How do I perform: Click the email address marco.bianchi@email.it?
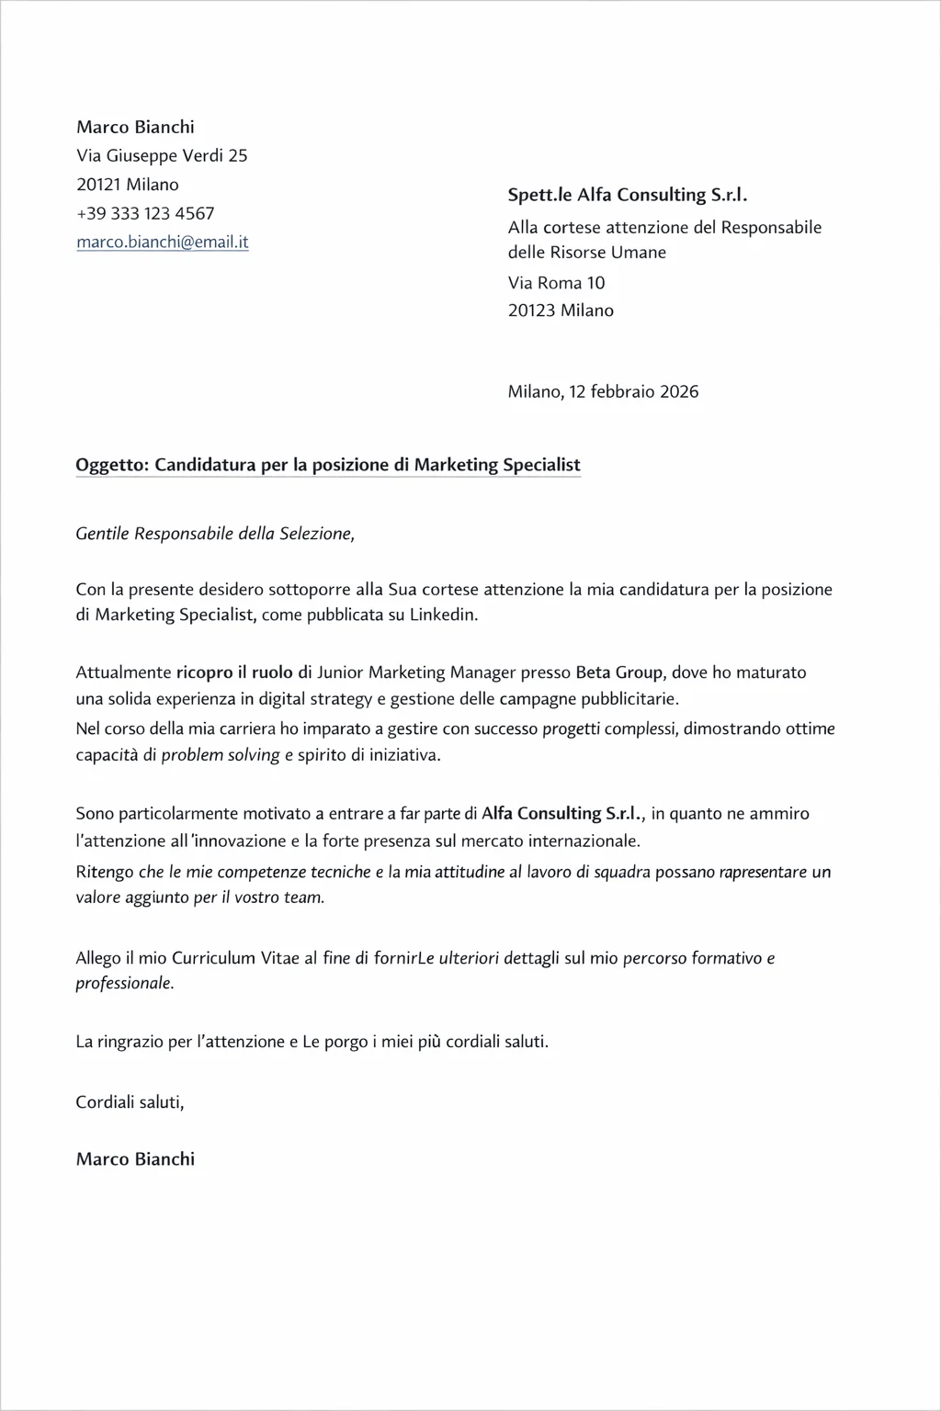coord(162,243)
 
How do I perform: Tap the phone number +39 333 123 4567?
coord(145,213)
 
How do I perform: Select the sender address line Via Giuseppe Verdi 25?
coord(162,155)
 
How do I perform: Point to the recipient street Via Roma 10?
coord(556,283)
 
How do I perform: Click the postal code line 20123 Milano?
coord(561,310)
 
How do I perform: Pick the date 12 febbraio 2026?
coord(633,391)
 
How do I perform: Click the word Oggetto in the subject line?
coord(111,465)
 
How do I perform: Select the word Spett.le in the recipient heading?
coord(539,195)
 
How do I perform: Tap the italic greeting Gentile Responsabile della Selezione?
coord(214,534)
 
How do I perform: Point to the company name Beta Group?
coord(618,672)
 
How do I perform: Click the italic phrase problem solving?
coord(221,756)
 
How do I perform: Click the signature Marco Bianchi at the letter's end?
coord(135,1158)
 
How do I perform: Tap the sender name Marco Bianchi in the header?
coord(135,127)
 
